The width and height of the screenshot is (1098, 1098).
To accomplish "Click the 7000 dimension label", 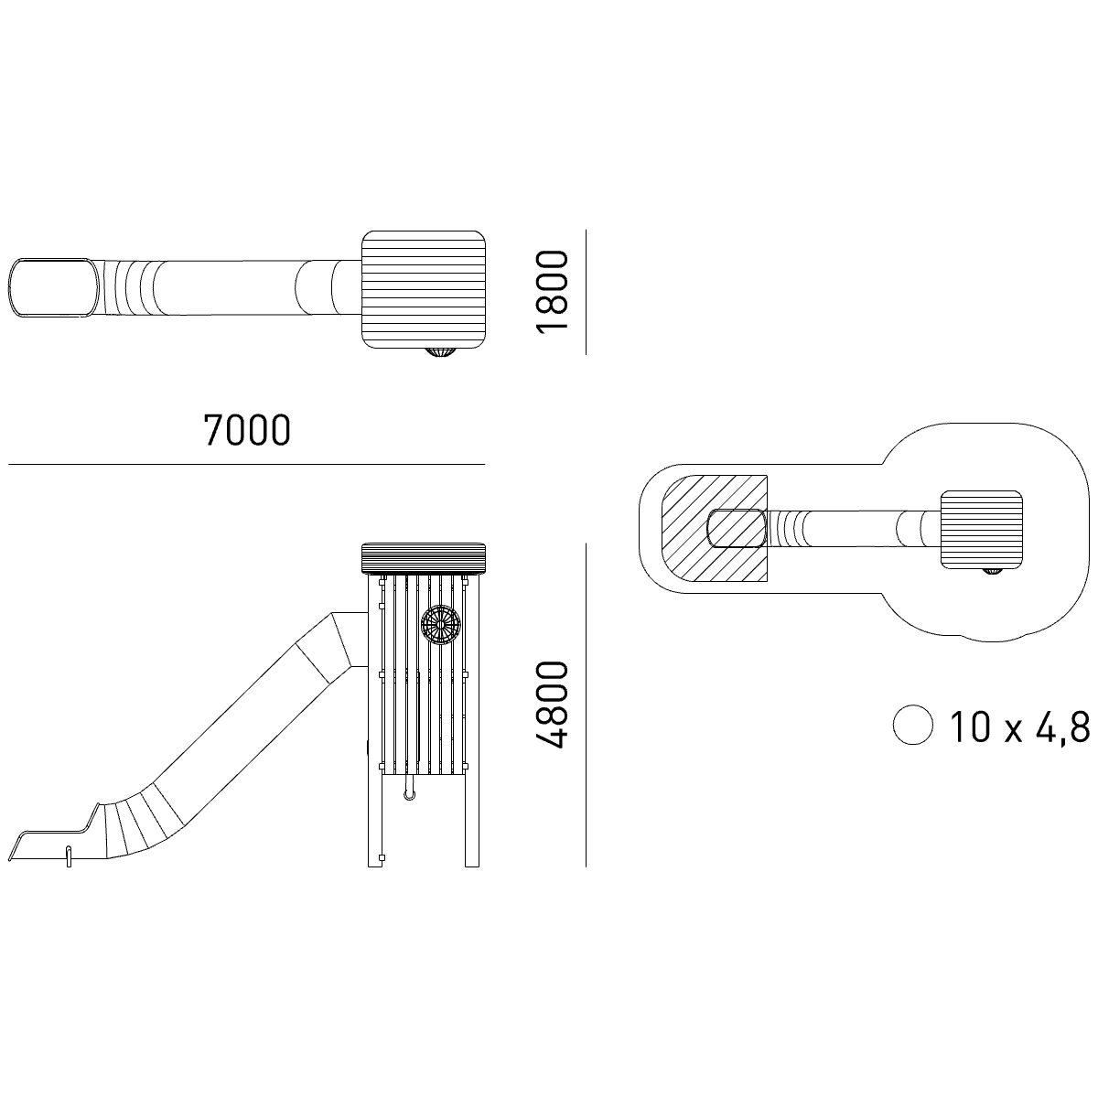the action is point(247,430).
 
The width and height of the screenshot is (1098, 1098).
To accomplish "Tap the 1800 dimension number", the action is point(552,291).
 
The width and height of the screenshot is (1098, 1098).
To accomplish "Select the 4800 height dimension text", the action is point(552,705).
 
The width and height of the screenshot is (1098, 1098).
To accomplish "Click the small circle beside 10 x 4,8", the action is point(913,726).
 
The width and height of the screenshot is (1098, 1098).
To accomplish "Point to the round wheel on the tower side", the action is point(440,625).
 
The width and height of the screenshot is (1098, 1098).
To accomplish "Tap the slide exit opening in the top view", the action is point(53,287).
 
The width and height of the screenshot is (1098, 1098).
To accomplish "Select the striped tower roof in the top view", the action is point(424,289).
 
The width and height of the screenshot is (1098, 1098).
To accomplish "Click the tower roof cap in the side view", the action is point(424,559).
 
